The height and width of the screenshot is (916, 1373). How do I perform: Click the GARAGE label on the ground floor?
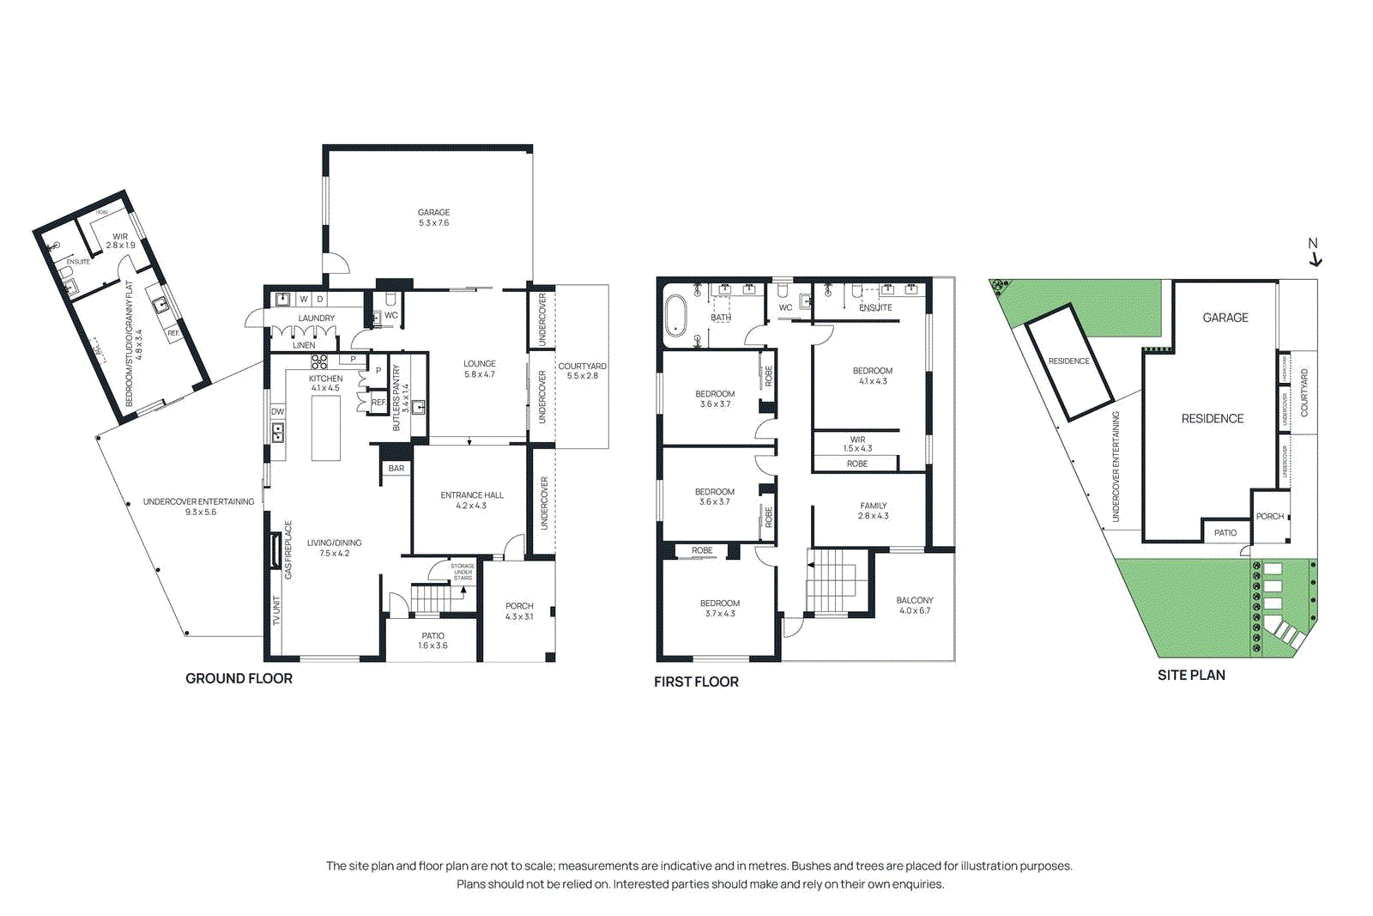click(x=433, y=213)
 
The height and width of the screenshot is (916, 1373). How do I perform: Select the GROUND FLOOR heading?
click(x=239, y=678)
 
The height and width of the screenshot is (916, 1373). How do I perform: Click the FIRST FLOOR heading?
click(x=696, y=682)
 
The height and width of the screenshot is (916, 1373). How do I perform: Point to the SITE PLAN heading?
click(x=1191, y=676)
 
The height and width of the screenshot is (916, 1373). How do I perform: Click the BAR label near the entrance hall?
click(x=396, y=469)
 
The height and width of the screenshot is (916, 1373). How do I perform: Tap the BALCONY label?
click(x=915, y=601)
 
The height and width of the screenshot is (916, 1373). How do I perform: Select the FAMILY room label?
click(x=874, y=507)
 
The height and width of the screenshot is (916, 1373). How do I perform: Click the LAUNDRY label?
click(x=317, y=318)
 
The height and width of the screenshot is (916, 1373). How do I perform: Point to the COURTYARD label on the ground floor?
click(x=583, y=367)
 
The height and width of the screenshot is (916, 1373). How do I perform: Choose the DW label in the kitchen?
click(x=278, y=412)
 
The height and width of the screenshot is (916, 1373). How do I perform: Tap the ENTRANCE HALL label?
click(x=472, y=495)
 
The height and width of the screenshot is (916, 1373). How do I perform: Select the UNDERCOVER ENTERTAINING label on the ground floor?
click(x=198, y=502)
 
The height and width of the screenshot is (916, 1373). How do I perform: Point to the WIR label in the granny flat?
click(x=120, y=237)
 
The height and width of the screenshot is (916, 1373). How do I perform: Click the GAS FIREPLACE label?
click(x=288, y=549)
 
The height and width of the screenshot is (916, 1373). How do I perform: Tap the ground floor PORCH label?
click(x=519, y=606)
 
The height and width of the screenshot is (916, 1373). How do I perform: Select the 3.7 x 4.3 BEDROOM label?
click(x=719, y=604)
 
